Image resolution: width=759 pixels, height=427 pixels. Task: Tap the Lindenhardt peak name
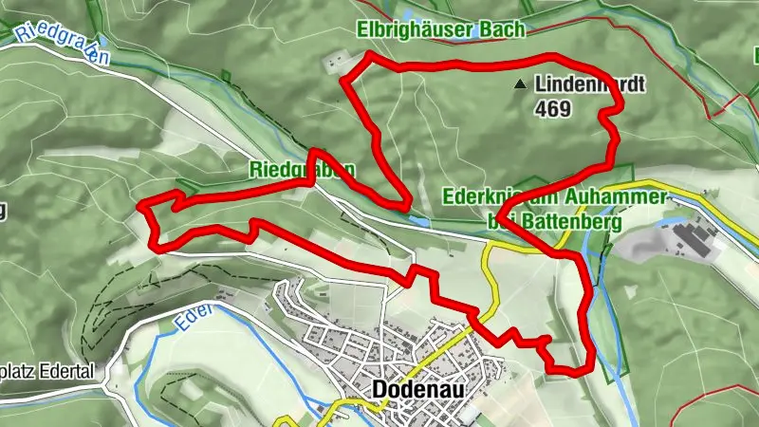click(x=589, y=85)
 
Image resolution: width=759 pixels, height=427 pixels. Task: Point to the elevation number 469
click(x=552, y=109)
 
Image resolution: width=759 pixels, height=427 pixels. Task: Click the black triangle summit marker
click(x=519, y=85)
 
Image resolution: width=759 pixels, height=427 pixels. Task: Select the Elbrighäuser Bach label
click(x=441, y=30)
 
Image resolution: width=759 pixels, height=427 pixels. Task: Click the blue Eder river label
click(x=186, y=323)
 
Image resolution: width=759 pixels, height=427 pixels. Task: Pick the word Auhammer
click(x=622, y=199)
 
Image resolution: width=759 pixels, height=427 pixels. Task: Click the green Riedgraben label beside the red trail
click(x=302, y=171)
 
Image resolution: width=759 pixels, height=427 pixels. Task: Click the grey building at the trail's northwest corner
click(x=331, y=63)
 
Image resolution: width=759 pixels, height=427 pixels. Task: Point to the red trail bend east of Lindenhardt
click(x=612, y=114)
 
